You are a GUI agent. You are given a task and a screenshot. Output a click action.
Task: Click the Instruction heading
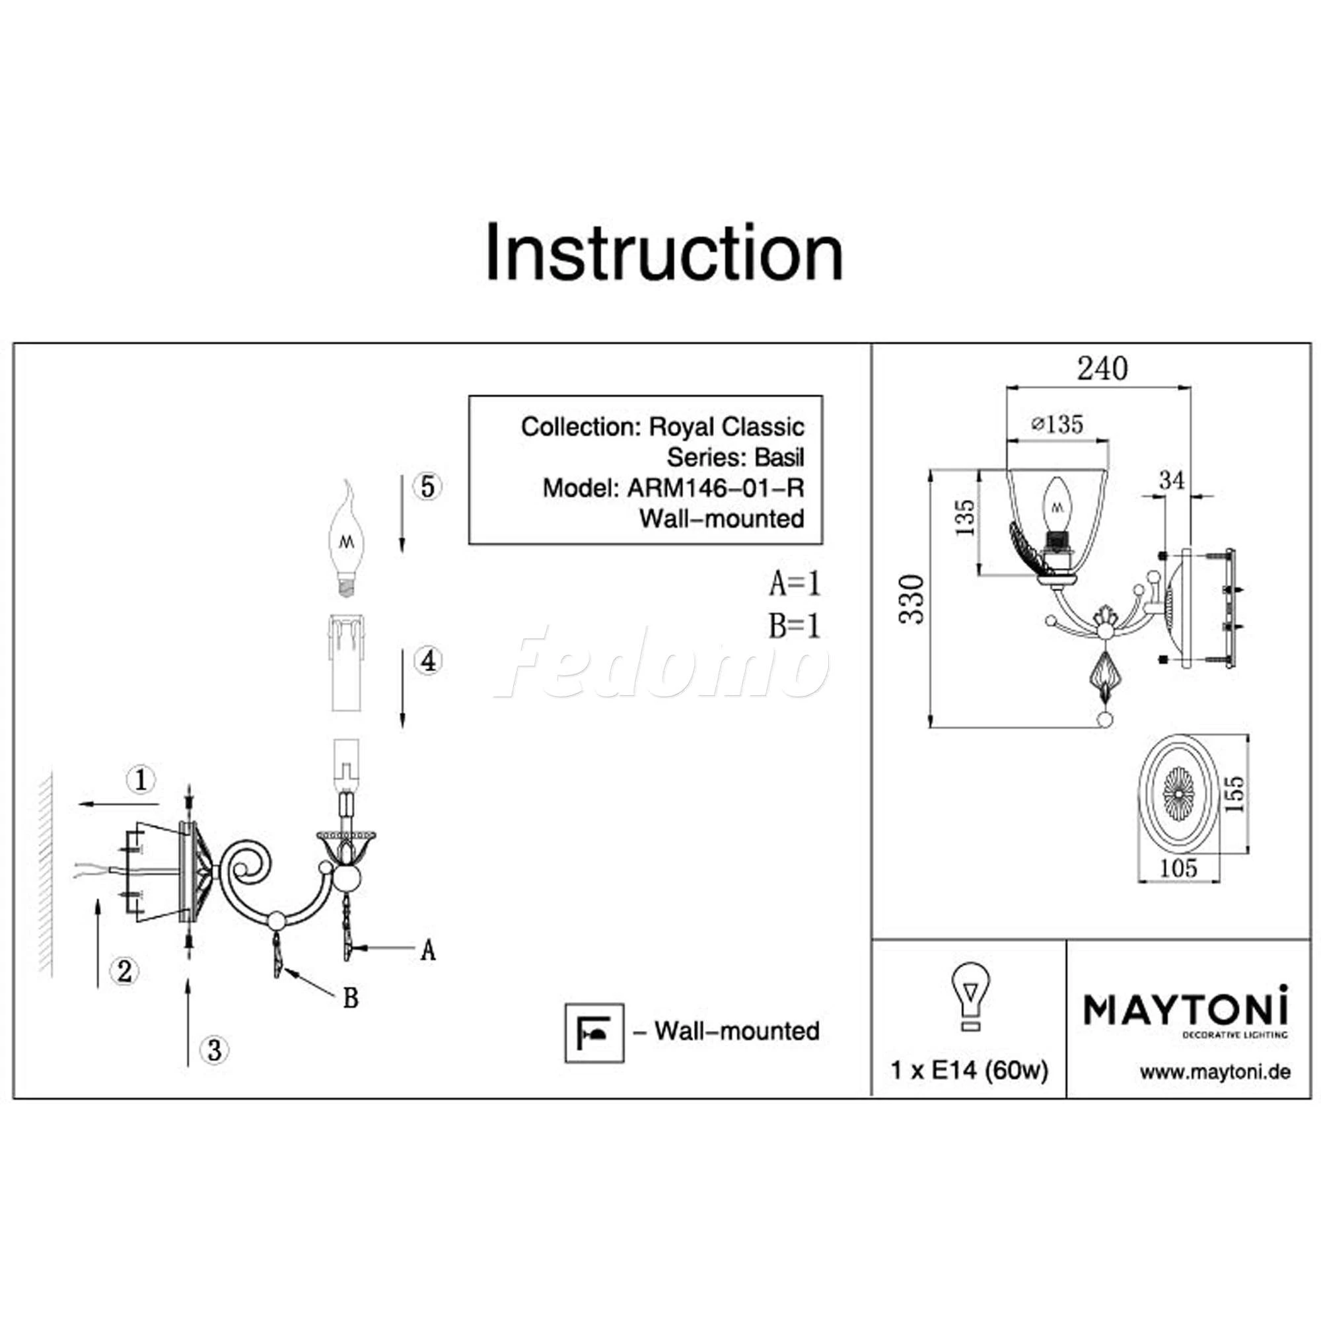pos(664,252)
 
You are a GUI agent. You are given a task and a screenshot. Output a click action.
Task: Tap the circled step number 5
pos(427,487)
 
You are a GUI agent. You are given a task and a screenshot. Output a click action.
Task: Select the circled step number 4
pos(427,661)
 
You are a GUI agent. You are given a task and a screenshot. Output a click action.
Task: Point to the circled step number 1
pos(141,779)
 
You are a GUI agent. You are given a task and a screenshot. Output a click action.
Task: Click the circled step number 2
pos(124,971)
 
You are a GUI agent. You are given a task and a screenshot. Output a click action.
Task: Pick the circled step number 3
pos(214,1050)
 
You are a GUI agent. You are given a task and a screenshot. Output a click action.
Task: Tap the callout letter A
pos(428,950)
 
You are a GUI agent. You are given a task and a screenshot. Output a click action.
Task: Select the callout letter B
pos(351,999)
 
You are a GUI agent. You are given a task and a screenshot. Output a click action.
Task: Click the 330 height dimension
pos(912,599)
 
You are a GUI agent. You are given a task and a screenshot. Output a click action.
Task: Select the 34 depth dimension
pos(1172,481)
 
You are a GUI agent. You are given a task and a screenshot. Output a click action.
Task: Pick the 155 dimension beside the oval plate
pos(1234,794)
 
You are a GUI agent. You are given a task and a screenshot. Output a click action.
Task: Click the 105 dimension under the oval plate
pos(1180,868)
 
